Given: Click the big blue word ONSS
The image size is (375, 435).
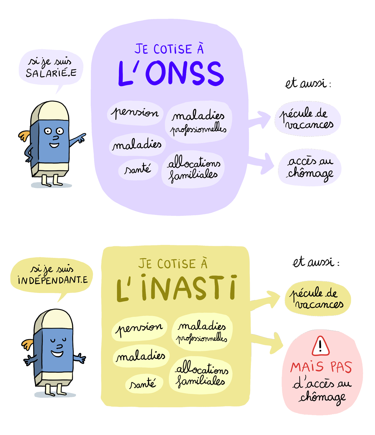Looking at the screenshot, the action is pos(185,73).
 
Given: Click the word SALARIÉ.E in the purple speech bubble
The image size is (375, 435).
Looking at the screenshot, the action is pos(51,73).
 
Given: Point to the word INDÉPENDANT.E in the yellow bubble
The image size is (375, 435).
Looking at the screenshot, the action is pos(53,280).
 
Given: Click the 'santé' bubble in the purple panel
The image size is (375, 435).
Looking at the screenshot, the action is pos(138,170).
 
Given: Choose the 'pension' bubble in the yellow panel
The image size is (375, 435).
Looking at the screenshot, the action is pos(139,328).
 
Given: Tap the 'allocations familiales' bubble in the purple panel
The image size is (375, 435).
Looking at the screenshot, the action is pos(193,169).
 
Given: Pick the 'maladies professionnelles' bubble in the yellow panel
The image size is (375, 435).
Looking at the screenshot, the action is pos(202,332).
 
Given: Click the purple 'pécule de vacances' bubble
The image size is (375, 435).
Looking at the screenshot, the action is pos(308,118).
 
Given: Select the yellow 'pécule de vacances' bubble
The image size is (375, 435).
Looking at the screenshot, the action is pos(318,299).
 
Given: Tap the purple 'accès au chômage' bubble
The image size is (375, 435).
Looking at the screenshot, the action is pos(310,168).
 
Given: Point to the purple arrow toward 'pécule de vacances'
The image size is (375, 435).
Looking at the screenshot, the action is pos(259,120).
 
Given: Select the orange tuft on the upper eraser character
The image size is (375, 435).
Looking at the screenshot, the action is pos(25,136).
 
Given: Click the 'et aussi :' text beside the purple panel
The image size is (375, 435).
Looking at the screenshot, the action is pos(308,84).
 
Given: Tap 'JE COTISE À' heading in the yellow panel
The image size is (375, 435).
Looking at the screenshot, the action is pos(173,263).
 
